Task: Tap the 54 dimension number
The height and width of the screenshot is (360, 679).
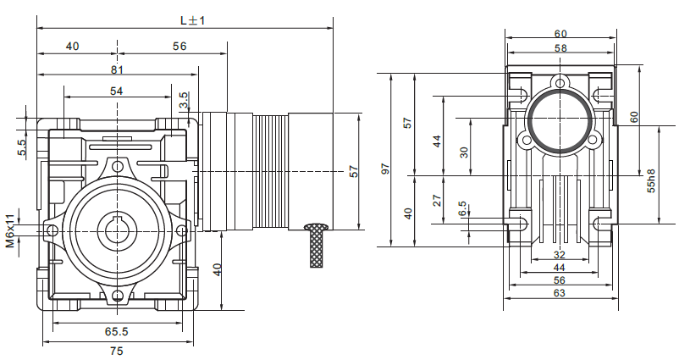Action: [116, 91]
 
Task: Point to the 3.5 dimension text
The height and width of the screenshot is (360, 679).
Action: [184, 100]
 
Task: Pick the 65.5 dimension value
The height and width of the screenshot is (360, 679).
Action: [116, 333]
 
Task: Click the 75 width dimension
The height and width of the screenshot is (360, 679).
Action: [116, 351]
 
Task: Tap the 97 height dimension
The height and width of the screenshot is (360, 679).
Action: [385, 169]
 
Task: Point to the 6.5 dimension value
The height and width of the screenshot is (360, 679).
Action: [462, 208]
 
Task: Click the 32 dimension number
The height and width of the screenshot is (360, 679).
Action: [559, 254]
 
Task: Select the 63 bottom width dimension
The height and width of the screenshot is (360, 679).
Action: [559, 292]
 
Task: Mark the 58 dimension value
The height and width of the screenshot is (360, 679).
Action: [560, 49]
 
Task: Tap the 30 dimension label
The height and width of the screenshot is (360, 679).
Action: [462, 152]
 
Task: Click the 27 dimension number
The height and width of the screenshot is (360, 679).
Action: [438, 200]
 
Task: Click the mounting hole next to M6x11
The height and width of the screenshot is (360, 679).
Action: [52, 230]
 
